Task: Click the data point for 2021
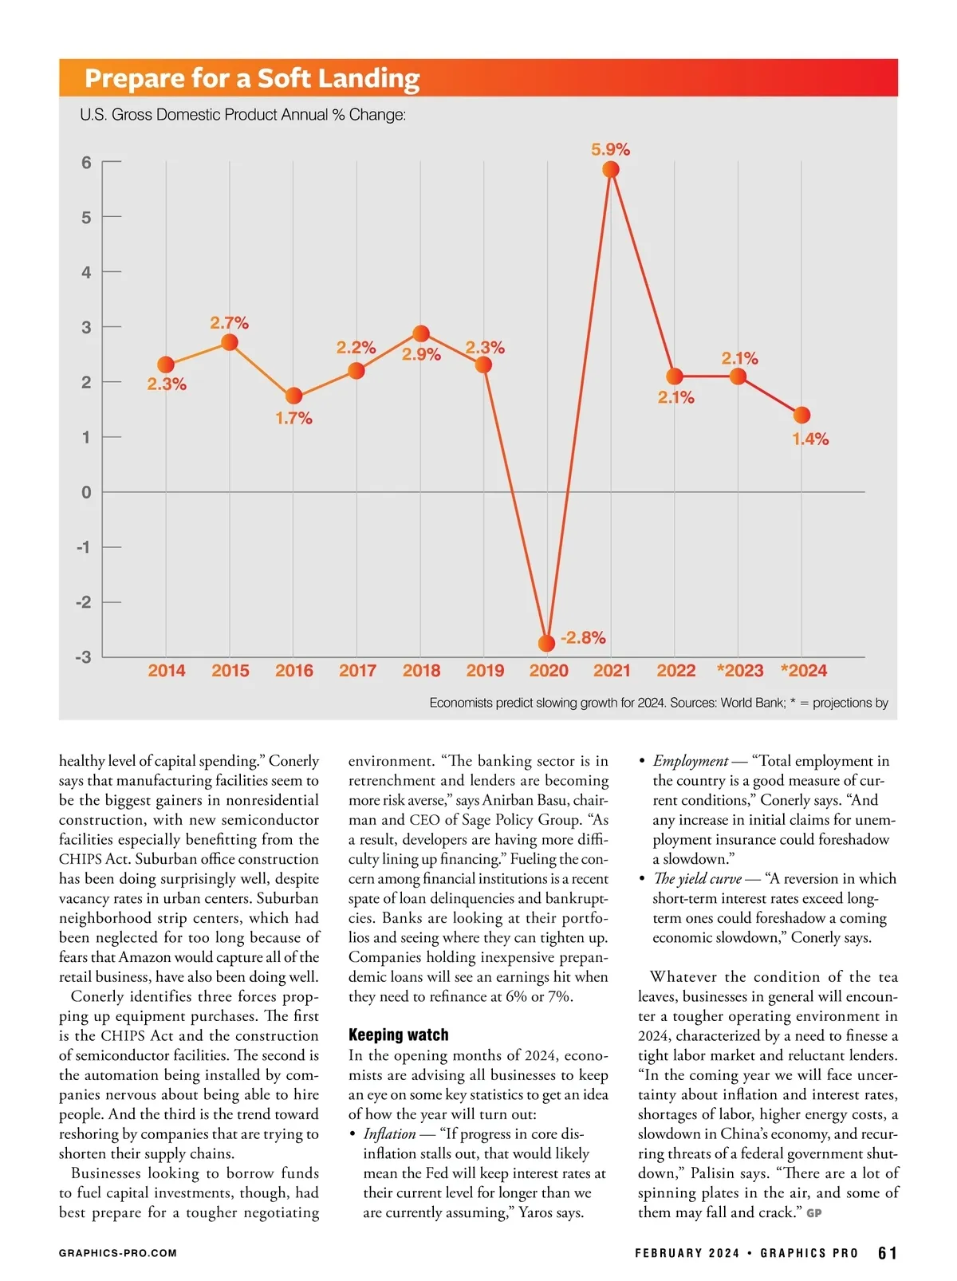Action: pyautogui.click(x=611, y=169)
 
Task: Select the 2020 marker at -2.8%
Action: pyautogui.click(x=546, y=643)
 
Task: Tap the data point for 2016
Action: pyautogui.click(x=293, y=396)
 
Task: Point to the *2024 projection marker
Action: pyautogui.click(x=802, y=415)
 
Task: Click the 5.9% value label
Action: pyautogui.click(x=610, y=149)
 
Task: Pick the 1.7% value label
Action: pyautogui.click(x=293, y=418)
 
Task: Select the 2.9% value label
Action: pyautogui.click(x=421, y=354)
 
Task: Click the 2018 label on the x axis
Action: pyautogui.click(x=421, y=671)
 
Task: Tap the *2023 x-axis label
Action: pyautogui.click(x=740, y=671)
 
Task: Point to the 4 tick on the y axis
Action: pyautogui.click(x=86, y=272)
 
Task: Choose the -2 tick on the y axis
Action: pyautogui.click(x=83, y=602)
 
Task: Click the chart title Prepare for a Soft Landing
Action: pyautogui.click(x=252, y=78)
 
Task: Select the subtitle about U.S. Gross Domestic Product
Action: pyautogui.click(x=242, y=115)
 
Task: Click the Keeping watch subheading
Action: pyautogui.click(x=398, y=1035)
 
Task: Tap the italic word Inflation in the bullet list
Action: pyautogui.click(x=389, y=1133)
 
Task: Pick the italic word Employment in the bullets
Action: pyautogui.click(x=690, y=761)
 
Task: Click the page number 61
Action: pyautogui.click(x=887, y=1253)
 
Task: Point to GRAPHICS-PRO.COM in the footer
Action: pyautogui.click(x=118, y=1253)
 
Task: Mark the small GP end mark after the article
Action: pyautogui.click(x=813, y=1213)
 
